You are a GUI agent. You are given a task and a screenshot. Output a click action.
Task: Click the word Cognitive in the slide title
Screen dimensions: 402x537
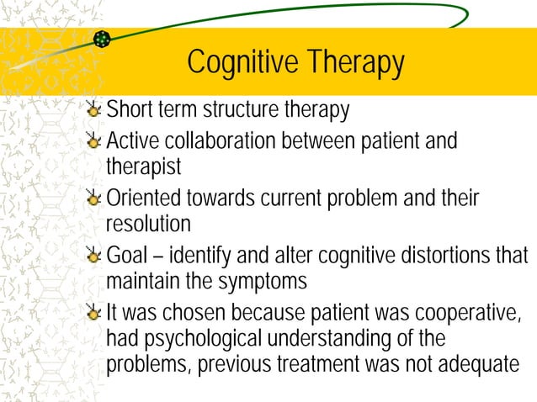242,63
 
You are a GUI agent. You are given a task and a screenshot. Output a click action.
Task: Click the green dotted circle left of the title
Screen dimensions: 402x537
103,39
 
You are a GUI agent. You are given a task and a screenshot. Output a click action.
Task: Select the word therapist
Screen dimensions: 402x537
143,167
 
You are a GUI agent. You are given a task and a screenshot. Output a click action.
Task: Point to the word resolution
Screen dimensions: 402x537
148,225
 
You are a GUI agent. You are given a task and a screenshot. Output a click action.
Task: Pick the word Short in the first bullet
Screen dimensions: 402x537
128,109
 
